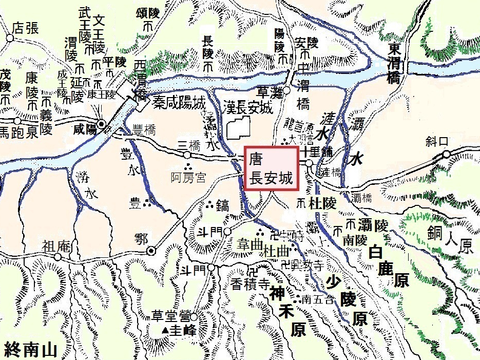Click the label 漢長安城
241,108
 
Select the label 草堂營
162,311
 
